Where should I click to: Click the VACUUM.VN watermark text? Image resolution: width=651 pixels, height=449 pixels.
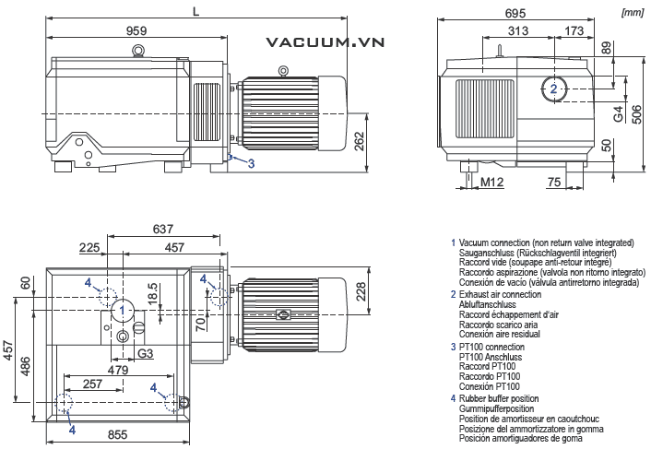325,42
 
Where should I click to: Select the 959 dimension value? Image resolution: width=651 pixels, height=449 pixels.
136,30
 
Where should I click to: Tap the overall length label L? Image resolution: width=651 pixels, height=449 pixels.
196,11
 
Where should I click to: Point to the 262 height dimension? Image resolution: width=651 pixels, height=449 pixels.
360,141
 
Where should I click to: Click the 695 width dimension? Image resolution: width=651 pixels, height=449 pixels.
515,13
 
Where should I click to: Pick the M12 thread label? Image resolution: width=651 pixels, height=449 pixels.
492,182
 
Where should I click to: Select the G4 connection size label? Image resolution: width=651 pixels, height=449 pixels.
619,113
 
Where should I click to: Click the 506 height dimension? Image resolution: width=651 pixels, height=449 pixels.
636,113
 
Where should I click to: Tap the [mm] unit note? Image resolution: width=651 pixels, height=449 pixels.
633,13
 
